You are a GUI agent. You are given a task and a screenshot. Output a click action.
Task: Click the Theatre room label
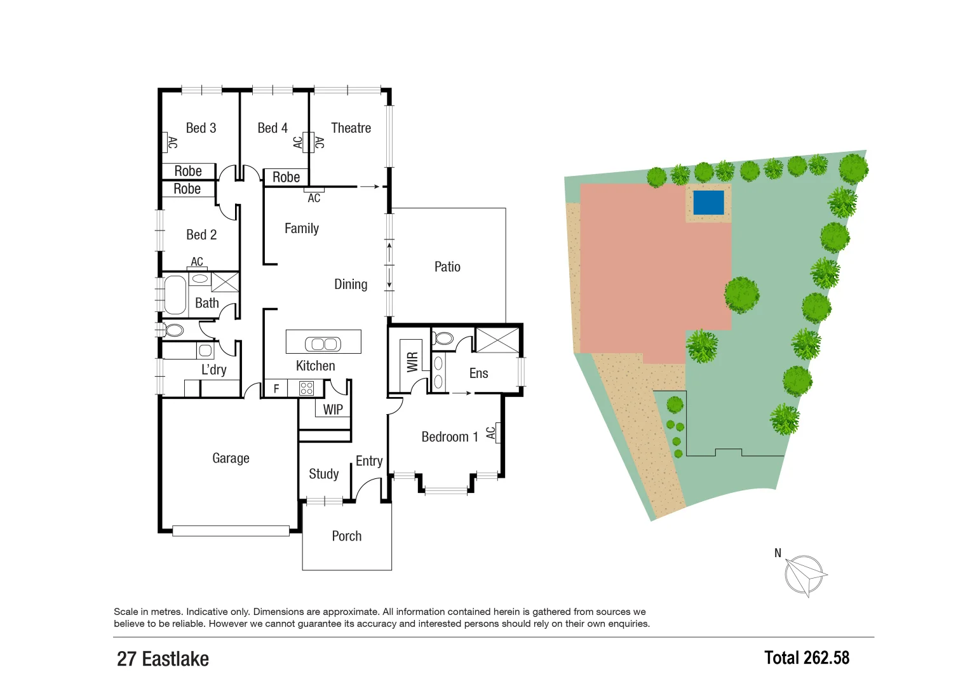click(x=351, y=128)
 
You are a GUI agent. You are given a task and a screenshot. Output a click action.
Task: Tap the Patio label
click(x=447, y=267)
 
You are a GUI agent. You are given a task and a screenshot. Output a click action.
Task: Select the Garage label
click(x=231, y=458)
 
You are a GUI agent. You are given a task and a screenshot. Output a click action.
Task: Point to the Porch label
click(x=346, y=536)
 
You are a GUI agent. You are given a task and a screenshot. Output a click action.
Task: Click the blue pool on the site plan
click(x=708, y=203)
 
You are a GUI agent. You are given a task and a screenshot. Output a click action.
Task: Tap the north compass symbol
click(x=804, y=575)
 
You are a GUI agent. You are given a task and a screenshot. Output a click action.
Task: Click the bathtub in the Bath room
click(x=175, y=295)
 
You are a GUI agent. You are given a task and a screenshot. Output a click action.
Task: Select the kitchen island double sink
click(x=323, y=344)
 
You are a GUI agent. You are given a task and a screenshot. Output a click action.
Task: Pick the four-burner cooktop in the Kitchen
click(x=307, y=388)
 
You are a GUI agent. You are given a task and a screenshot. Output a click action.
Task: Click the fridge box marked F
click(x=276, y=388)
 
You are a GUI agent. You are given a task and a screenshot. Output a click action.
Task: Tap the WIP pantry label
click(x=333, y=410)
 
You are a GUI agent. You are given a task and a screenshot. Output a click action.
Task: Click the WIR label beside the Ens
click(x=412, y=362)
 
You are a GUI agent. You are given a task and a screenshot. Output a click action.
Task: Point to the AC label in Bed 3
click(x=172, y=143)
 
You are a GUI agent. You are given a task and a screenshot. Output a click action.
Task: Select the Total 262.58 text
click(x=806, y=657)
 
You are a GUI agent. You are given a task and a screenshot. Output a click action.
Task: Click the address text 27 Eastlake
click(x=163, y=659)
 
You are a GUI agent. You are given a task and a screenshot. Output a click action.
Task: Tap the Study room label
click(x=323, y=474)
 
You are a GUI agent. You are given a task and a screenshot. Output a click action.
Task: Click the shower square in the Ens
click(x=497, y=340)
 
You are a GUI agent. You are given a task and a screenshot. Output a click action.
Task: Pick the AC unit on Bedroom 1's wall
click(x=498, y=433)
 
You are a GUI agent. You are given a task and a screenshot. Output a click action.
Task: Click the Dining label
click(x=351, y=284)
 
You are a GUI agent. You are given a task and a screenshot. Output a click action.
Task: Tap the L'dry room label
click(x=213, y=370)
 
